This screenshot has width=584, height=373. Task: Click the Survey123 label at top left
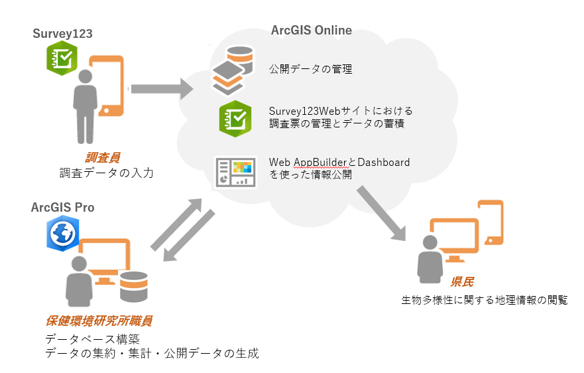tap(62, 34)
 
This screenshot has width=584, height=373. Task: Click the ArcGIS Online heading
tap(311, 31)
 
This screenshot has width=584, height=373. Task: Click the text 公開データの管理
tap(310, 69)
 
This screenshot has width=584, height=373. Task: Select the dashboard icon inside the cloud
tap(235, 171)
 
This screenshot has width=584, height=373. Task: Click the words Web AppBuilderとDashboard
tap(339, 163)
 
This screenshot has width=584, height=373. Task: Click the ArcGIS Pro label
tap(62, 208)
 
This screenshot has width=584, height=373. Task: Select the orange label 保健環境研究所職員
tap(99, 321)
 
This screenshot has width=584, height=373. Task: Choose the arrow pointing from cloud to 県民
tap(381, 212)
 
